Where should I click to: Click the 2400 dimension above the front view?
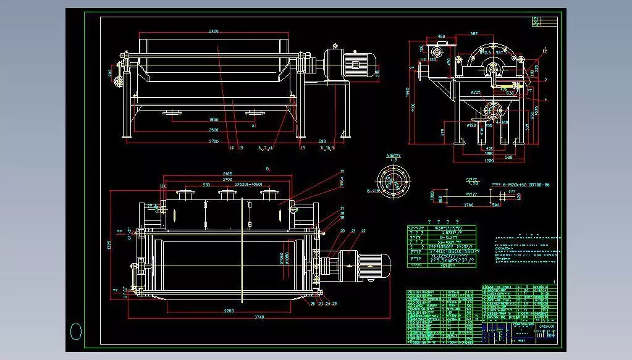pos(214,30)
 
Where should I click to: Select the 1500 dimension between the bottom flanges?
pos(214,120)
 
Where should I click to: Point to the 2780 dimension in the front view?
pos(214,141)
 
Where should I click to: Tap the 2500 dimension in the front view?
pos(214,130)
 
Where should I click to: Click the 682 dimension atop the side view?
pos(474,33)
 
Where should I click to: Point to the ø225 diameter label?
pos(475,93)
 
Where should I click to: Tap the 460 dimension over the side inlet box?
pos(441,37)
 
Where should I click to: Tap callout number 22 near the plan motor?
pos(363,230)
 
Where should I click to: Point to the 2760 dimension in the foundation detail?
pos(468,204)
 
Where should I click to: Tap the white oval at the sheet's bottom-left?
pos(76,332)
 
